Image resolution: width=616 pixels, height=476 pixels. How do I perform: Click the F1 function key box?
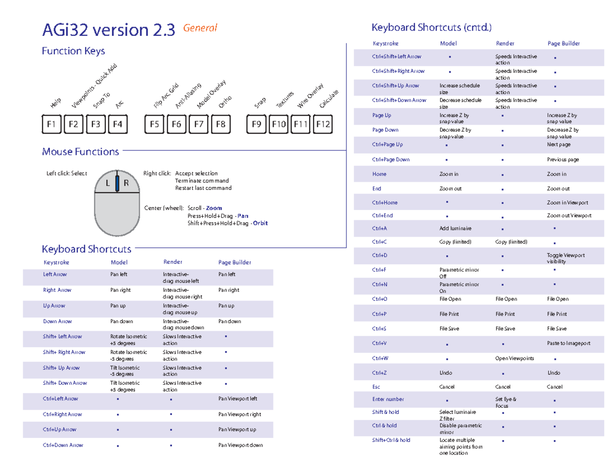coord(51,124)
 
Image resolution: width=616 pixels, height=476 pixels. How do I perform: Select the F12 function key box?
coord(323,124)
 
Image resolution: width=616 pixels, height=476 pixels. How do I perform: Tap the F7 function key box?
coord(199,124)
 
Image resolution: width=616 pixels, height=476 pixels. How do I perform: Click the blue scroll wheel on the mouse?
coord(118,183)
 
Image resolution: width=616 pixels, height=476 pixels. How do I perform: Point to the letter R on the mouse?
coord(126,183)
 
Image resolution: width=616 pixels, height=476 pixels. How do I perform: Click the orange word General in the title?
coord(200,28)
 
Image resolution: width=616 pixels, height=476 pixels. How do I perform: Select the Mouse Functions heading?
coord(81,151)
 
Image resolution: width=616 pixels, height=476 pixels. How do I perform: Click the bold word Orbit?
coord(260,223)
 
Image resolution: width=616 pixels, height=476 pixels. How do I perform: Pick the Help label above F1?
coord(56,103)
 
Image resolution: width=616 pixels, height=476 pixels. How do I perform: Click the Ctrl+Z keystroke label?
coord(379,373)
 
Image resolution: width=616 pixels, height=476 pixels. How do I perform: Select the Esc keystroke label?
coord(376,387)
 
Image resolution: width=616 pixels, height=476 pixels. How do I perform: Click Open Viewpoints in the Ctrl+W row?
coord(514,358)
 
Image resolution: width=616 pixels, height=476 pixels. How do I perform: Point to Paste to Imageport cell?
coord(569,343)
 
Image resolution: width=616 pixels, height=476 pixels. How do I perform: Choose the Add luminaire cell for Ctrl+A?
coord(455,228)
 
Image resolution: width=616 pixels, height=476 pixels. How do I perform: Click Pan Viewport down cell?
coord(240,445)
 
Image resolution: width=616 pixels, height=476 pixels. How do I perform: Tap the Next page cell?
coord(559,145)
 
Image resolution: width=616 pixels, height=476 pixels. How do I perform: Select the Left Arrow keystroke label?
coord(55,275)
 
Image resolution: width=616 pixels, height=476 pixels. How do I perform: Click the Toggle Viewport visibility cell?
coord(565,258)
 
